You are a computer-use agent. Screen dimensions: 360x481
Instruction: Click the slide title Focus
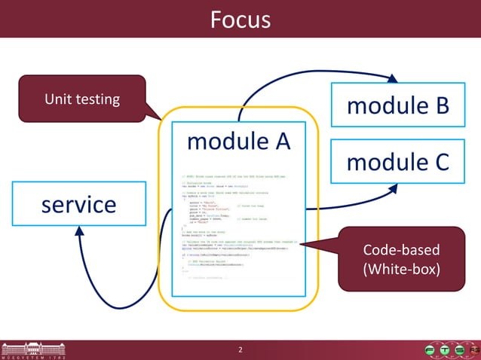pos(240,19)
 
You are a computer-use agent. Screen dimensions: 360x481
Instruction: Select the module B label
pos(397,105)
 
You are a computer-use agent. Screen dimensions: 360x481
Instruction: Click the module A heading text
pos(237,140)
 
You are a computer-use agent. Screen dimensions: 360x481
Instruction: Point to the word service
pos(78,204)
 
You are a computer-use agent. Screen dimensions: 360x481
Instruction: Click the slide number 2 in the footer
pos(240,350)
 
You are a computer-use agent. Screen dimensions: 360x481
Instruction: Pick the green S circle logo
pos(458,350)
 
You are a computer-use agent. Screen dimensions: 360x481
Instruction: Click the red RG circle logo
pos(473,350)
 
